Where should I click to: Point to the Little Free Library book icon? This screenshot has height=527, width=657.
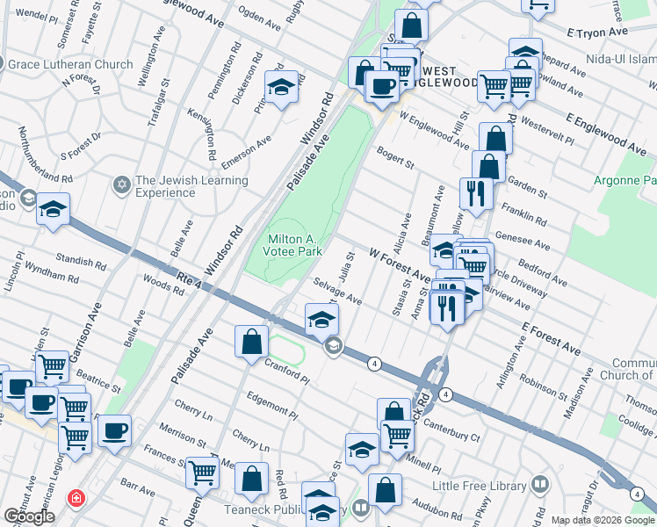tap(540, 485)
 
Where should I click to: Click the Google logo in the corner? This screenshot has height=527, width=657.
tap(29, 516)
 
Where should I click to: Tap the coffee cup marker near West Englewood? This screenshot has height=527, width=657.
tap(381, 86)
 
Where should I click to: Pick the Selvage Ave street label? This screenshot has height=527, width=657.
tap(338, 292)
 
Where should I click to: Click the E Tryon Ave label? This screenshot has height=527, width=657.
tap(597, 32)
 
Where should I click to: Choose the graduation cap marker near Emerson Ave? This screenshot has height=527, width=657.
tap(281, 87)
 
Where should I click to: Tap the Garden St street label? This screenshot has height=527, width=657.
tap(528, 191)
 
